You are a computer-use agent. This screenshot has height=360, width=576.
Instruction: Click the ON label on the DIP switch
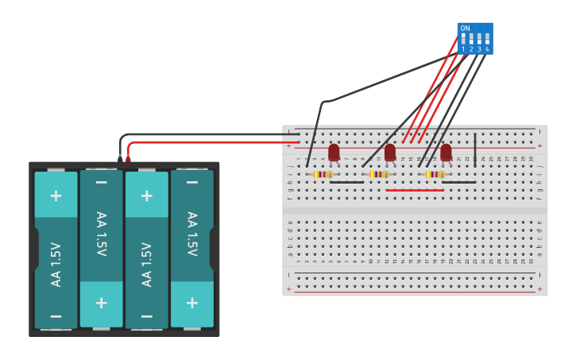465,28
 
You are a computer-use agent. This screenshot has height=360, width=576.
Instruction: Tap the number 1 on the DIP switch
463,49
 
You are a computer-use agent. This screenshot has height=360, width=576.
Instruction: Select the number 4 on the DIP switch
487,49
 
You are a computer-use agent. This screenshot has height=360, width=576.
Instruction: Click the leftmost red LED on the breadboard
334,151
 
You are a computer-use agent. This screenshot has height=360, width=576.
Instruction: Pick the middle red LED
390,151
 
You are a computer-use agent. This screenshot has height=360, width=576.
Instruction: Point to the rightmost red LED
446,151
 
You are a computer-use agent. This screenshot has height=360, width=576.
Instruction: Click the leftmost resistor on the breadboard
323,174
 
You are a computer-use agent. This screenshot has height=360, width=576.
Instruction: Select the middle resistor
380,174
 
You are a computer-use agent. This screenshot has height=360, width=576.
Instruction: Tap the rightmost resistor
435,174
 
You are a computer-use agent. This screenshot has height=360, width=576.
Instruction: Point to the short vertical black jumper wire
475,149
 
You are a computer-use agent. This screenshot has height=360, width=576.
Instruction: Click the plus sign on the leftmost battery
56,195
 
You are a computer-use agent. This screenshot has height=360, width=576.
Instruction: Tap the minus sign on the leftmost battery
56,315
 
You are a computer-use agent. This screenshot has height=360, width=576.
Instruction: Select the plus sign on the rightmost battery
191,302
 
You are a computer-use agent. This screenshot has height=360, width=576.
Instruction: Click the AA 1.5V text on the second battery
101,234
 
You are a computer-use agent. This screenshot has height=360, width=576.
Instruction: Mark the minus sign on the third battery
146,315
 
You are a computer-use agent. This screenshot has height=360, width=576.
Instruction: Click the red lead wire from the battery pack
207,143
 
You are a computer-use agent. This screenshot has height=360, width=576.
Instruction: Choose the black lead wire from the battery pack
199,134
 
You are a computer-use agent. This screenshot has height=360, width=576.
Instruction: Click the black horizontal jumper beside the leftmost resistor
346,182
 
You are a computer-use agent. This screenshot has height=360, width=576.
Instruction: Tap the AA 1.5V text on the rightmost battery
191,234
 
